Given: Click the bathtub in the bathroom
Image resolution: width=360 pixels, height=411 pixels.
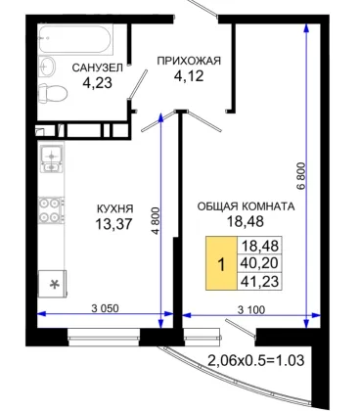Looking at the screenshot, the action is click(x=75, y=39).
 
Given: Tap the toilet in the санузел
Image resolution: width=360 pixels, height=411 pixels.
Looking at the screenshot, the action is click(x=53, y=93).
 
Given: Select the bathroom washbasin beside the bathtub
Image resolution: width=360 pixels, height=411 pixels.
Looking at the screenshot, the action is click(x=47, y=67).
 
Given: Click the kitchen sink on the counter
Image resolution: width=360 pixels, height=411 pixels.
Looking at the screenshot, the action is click(x=52, y=159).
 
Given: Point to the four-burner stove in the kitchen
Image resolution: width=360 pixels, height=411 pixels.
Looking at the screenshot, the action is click(x=51, y=210).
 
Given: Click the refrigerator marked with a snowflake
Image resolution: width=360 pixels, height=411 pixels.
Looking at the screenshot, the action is click(x=52, y=284).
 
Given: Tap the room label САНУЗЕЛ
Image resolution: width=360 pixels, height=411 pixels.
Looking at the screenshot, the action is click(x=98, y=68).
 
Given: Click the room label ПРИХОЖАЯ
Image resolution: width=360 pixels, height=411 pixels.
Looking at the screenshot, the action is click(x=189, y=61).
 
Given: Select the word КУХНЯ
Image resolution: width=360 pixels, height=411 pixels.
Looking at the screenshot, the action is click(x=115, y=208).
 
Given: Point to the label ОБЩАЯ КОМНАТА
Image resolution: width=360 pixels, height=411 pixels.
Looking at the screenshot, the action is click(x=246, y=206).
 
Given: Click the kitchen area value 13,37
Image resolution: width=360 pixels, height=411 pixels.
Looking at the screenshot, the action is click(x=113, y=224).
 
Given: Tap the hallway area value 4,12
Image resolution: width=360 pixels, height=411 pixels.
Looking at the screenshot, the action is click(x=189, y=76).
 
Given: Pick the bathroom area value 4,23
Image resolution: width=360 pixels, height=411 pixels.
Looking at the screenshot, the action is click(x=98, y=83).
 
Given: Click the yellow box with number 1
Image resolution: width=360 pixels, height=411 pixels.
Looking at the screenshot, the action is click(x=221, y=263).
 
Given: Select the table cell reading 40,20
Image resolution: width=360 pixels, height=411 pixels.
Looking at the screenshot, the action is click(x=259, y=263).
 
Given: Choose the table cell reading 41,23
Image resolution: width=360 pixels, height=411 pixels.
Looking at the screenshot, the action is click(x=259, y=281).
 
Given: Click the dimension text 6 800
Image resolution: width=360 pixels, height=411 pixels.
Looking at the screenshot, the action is click(x=301, y=176).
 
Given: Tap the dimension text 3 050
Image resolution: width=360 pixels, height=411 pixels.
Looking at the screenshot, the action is click(x=105, y=308).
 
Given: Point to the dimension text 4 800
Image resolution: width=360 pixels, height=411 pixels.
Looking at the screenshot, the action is click(x=157, y=220).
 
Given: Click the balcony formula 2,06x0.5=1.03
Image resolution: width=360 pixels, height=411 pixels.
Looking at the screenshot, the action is click(x=256, y=360).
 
